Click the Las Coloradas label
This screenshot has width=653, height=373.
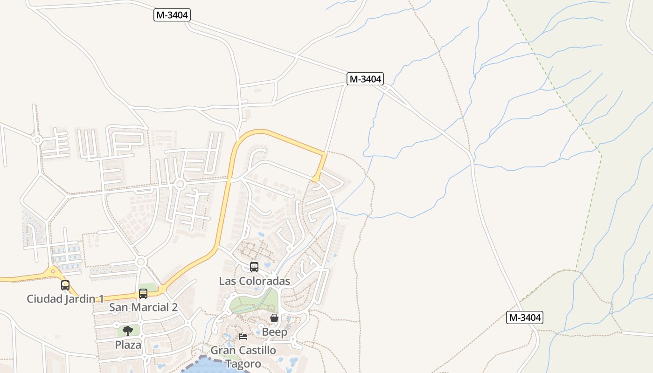(254, 281)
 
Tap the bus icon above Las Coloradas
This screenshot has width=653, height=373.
(254, 267)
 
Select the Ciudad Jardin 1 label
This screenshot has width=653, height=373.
(65, 298)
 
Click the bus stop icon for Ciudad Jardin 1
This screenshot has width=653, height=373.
(65, 285)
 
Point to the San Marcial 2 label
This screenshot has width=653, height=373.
(143, 307)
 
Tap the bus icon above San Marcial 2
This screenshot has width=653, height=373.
(143, 294)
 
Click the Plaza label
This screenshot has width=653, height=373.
(128, 345)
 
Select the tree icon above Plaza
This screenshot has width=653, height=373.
(128, 331)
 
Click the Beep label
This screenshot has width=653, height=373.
(274, 332)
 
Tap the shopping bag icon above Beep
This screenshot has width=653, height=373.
(274, 318)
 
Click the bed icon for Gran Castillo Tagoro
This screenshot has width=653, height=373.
(243, 337)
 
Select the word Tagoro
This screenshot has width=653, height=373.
(243, 363)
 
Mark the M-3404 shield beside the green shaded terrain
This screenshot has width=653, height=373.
(525, 318)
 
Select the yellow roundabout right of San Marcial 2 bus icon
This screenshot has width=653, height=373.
(162, 289)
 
